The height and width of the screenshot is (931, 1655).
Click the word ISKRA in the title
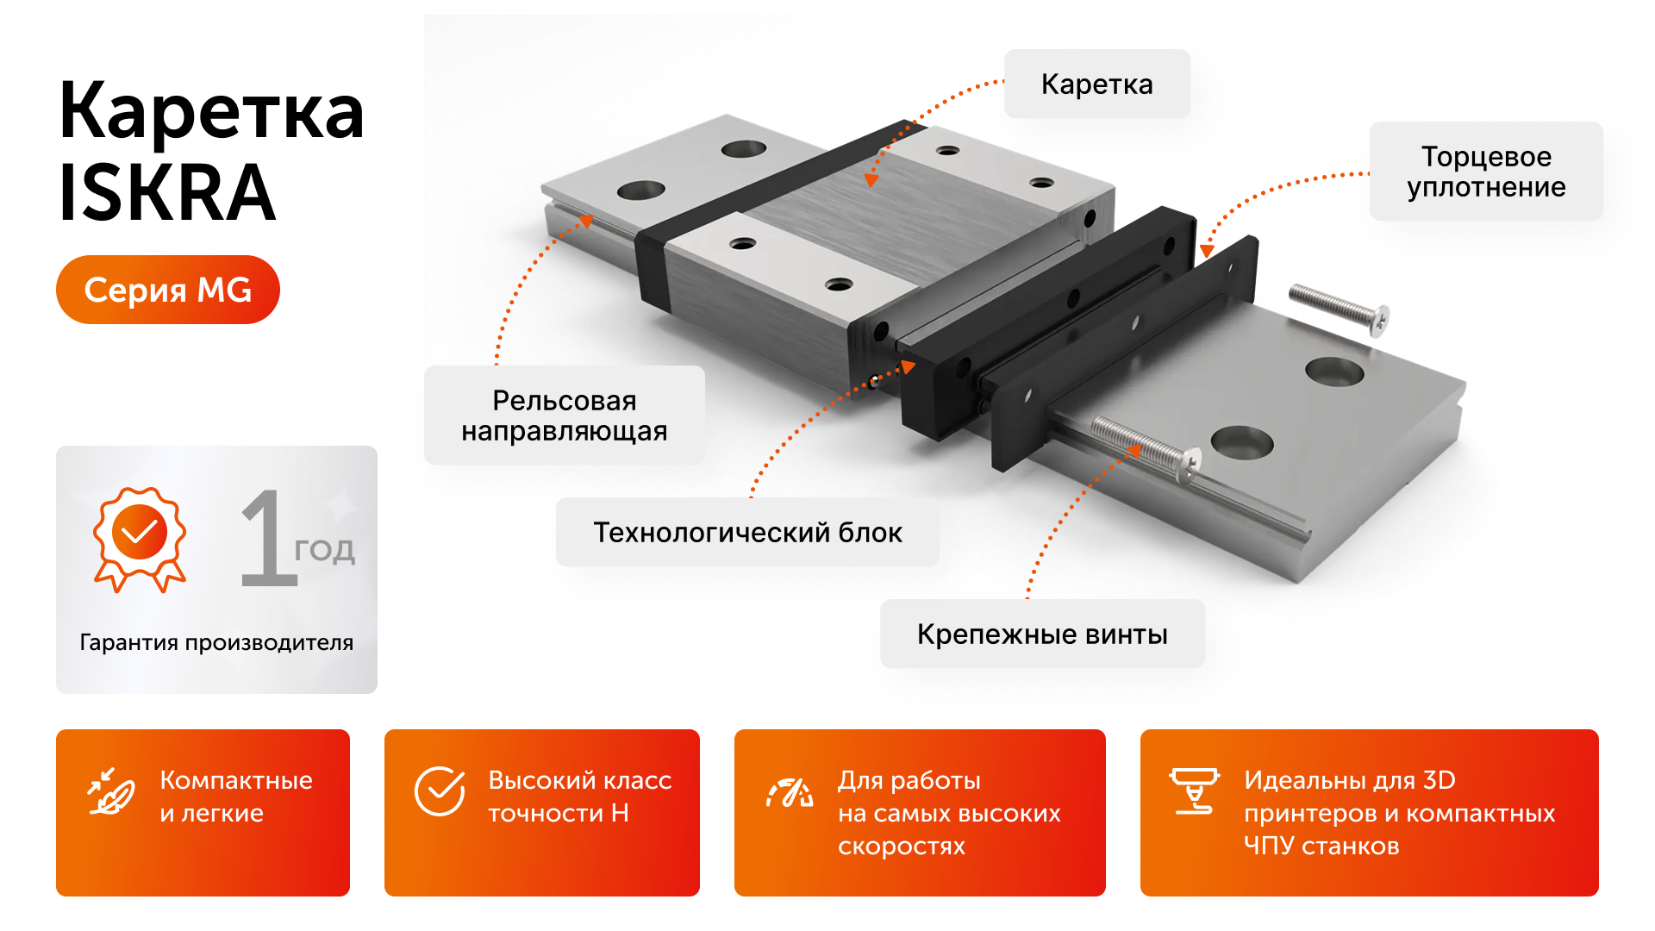click(167, 193)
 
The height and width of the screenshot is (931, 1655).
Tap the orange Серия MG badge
click(168, 290)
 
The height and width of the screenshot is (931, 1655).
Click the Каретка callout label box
click(1096, 84)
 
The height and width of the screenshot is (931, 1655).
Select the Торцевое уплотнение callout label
click(1485, 172)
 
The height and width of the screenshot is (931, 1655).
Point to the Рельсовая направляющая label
click(564, 416)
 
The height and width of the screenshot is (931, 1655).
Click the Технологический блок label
click(747, 533)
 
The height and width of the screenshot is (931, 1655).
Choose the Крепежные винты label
click(1041, 634)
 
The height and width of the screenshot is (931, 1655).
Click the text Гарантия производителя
click(216, 642)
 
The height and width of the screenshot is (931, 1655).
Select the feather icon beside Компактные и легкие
click(111, 791)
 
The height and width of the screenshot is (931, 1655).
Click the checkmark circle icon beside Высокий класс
click(440, 790)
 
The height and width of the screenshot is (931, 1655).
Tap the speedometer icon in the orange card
click(790, 792)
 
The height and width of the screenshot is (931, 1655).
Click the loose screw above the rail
click(1338, 309)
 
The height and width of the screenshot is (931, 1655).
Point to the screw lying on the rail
click(1146, 447)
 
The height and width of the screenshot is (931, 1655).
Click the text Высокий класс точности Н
click(579, 797)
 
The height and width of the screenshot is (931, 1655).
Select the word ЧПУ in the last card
click(1268, 847)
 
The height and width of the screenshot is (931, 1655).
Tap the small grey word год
click(324, 550)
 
